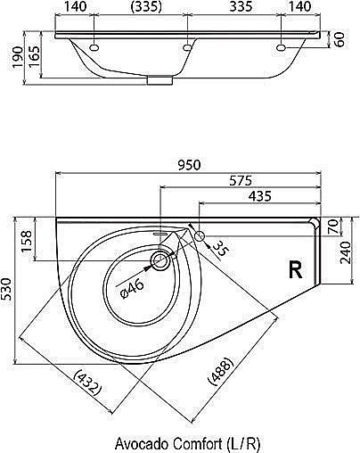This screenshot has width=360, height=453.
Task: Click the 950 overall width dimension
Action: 190,165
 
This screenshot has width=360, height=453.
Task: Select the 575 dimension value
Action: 241,180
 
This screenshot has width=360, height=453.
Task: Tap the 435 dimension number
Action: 260,196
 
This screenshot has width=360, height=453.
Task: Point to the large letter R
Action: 295,269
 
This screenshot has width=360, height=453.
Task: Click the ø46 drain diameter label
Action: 133,289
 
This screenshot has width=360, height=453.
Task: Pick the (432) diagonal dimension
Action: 88,385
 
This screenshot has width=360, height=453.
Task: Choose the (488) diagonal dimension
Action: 220,372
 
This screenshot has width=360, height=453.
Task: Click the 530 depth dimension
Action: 6,290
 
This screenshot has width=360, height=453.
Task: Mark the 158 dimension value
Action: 27,241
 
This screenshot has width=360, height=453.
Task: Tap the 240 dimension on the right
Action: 347,252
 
